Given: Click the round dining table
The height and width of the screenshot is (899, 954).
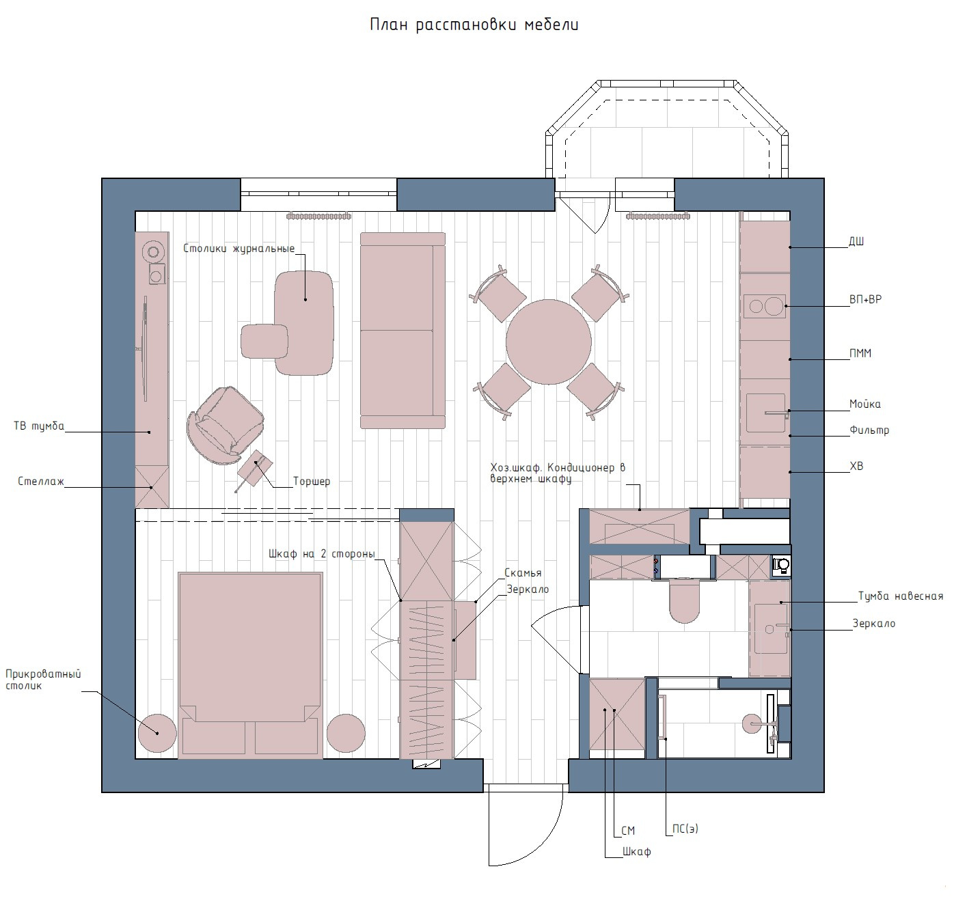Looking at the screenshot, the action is tap(549, 342).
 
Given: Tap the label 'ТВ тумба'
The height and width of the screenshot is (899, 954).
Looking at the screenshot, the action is tap(39, 426).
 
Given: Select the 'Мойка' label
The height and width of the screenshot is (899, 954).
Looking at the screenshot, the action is tap(865, 404).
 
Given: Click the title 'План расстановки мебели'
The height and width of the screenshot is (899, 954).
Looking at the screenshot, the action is tap(474, 25).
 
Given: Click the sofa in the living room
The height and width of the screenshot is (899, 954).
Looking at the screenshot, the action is tap(403, 331).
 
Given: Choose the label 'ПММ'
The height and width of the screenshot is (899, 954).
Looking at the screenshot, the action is tap(860, 353).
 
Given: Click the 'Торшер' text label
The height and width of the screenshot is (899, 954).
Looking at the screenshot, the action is tap(312, 481).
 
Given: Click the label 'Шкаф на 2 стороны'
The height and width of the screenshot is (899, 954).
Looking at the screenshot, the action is tap(321, 554).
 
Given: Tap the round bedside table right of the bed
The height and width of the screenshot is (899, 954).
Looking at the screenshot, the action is tap(346, 733).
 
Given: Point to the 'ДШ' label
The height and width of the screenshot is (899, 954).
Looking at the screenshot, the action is tap(856, 242).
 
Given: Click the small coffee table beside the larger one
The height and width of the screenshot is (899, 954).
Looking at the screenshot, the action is tap(264, 342).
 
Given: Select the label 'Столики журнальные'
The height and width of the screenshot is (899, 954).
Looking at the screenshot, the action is tap(238, 249).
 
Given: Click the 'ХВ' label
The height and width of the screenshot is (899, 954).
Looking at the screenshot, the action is tap(856, 467).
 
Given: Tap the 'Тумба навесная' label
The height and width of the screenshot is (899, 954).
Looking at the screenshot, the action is tap(901, 596).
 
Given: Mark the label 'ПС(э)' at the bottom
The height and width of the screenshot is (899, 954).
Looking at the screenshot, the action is tap(685, 829).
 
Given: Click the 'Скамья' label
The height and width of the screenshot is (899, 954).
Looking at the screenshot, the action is tap(523, 573).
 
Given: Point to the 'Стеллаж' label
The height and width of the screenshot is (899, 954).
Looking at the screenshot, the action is tap(41, 481).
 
